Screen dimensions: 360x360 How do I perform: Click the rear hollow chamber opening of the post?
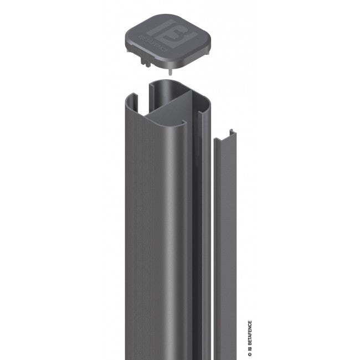[166, 91]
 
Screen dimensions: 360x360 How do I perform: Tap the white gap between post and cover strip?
[211, 249]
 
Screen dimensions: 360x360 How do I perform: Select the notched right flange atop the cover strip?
[235, 133]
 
